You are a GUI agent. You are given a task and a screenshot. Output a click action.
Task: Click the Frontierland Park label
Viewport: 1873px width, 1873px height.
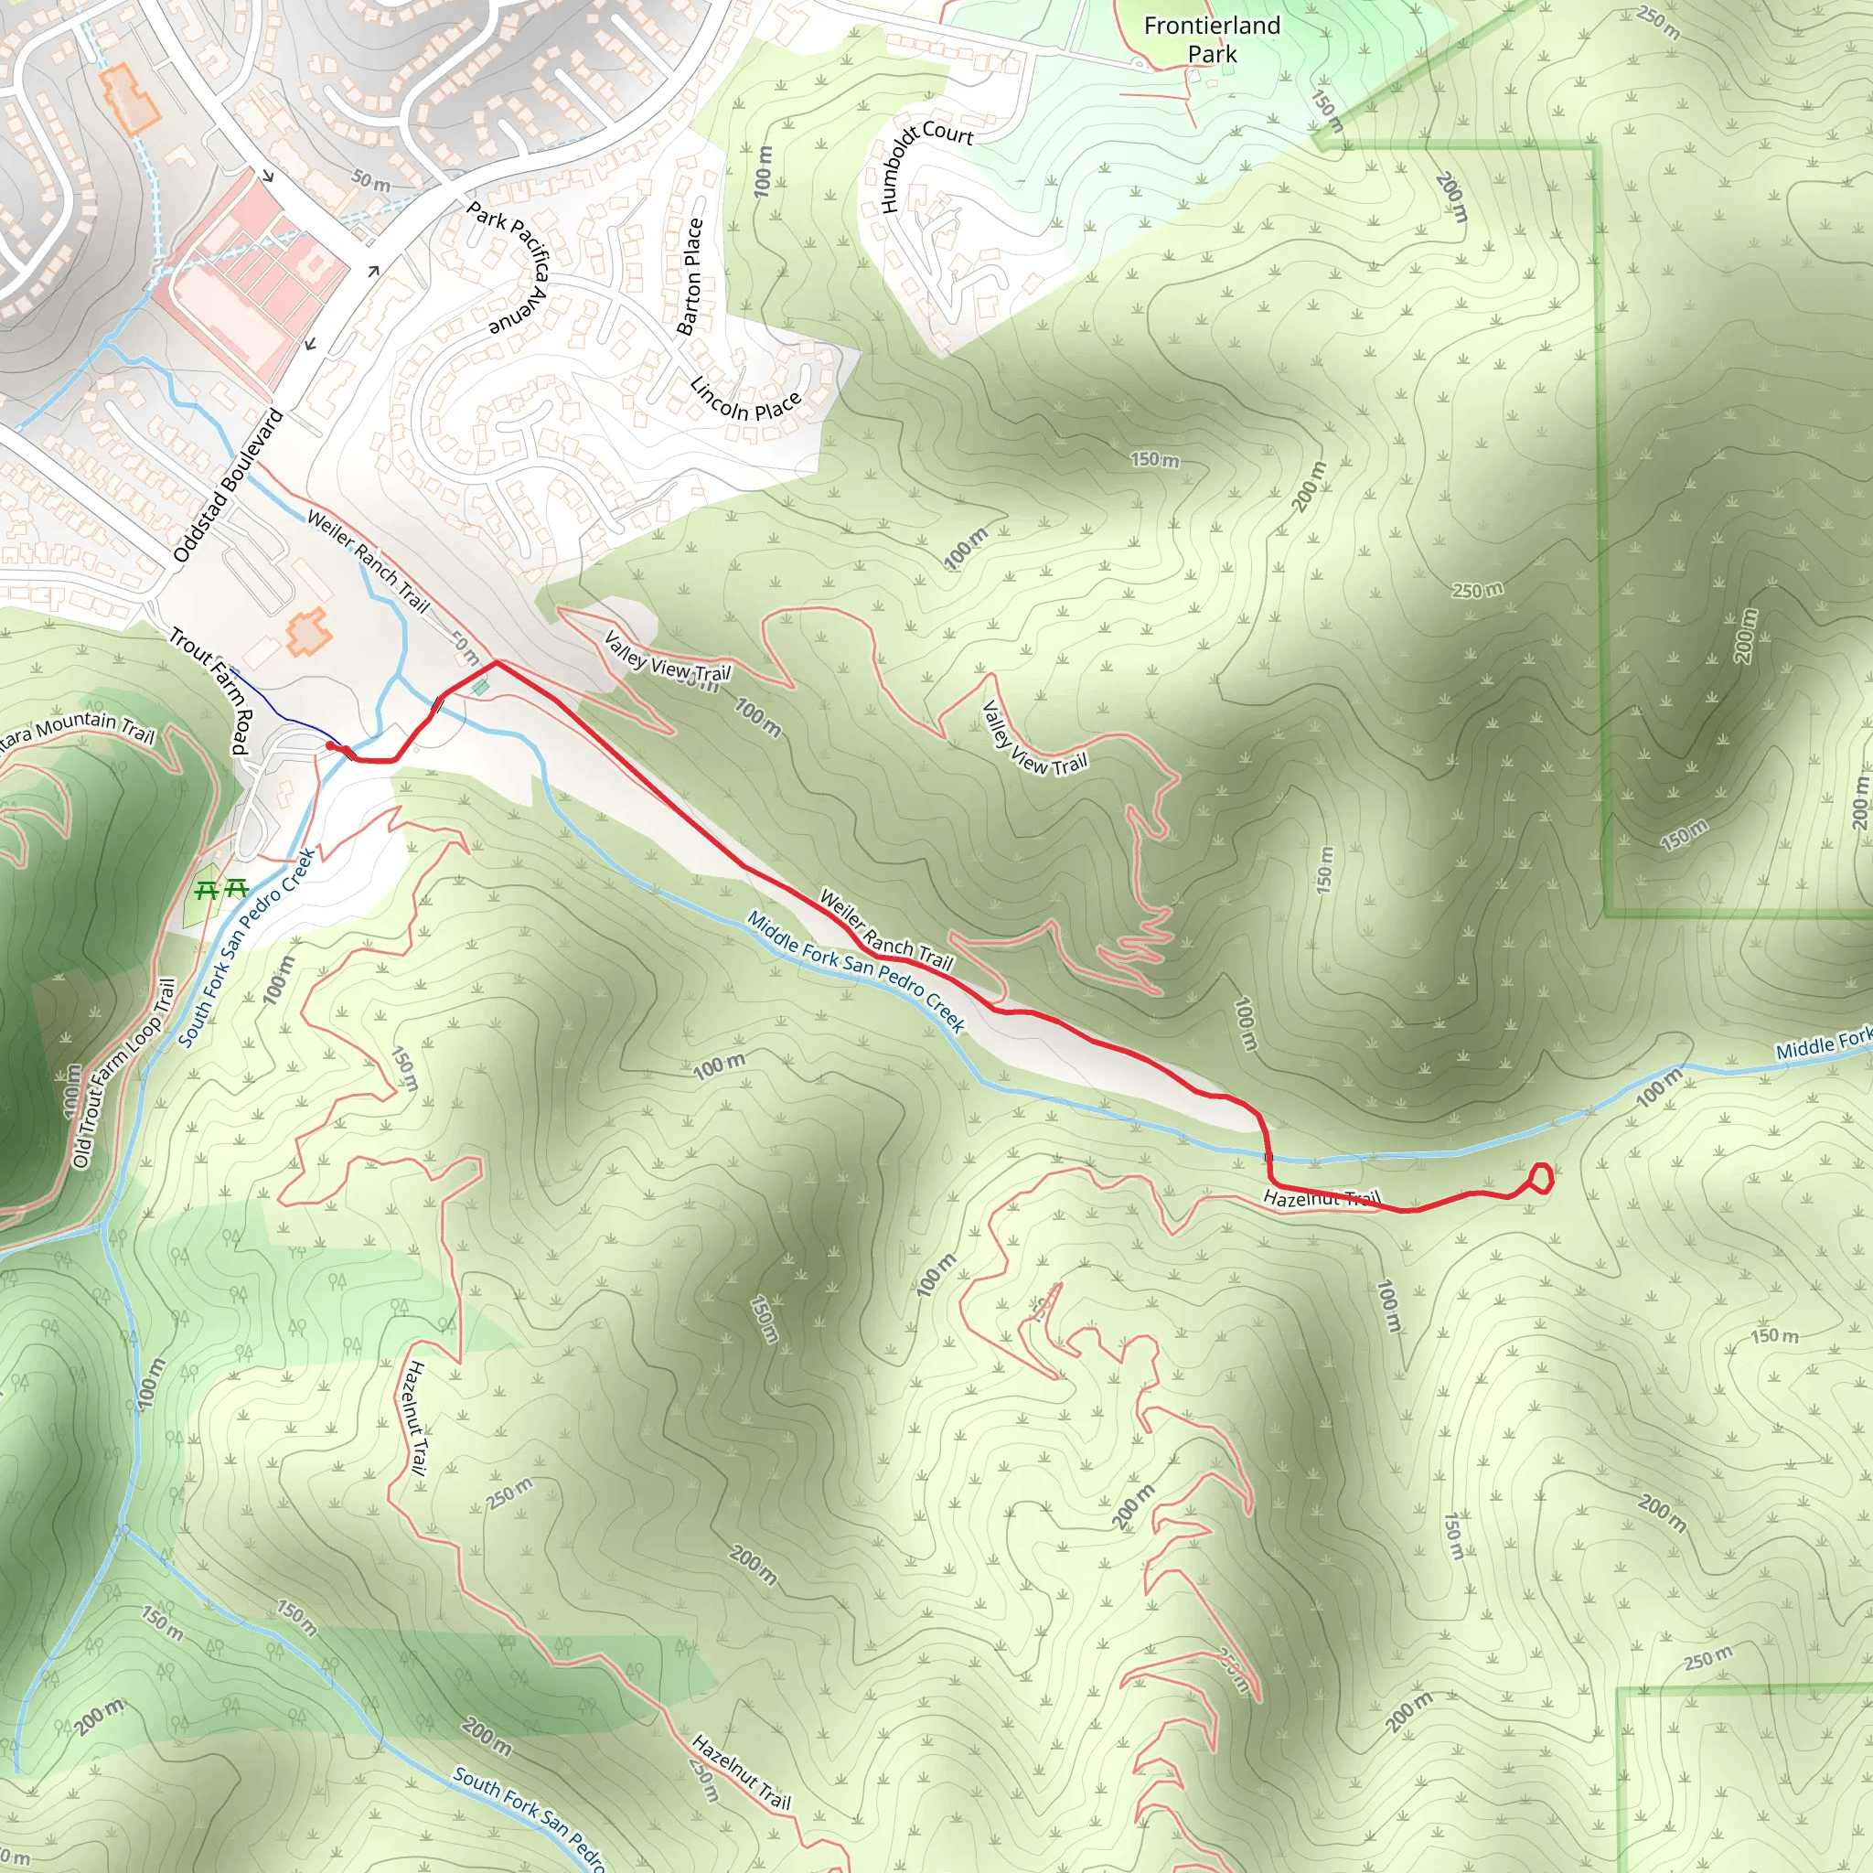click(x=1212, y=39)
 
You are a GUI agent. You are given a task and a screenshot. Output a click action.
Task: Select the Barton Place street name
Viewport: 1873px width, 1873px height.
click(x=691, y=276)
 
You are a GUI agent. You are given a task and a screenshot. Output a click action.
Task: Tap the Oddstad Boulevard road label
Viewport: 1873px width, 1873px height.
click(x=228, y=486)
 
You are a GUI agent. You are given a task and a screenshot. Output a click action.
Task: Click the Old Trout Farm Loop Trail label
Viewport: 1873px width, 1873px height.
click(x=125, y=1072)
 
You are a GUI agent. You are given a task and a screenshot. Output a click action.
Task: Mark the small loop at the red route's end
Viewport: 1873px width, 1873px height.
click(x=1540, y=1179)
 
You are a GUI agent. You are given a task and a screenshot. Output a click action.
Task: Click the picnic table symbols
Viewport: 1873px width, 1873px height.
click(x=221, y=888)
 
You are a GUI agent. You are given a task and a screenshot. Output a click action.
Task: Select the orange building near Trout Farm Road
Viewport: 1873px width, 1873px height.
click(x=309, y=632)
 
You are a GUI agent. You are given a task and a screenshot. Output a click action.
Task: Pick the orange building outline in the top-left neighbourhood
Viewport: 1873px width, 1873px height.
click(x=131, y=98)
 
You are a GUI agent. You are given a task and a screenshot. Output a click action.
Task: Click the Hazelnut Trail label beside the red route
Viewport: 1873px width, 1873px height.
click(x=1321, y=1199)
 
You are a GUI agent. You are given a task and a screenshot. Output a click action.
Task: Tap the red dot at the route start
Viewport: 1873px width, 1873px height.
click(x=330, y=745)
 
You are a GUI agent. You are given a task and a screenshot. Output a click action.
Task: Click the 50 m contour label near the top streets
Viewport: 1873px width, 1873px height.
click(x=370, y=180)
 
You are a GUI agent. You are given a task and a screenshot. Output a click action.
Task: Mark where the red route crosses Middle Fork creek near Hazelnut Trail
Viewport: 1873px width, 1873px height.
click(x=1268, y=1157)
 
